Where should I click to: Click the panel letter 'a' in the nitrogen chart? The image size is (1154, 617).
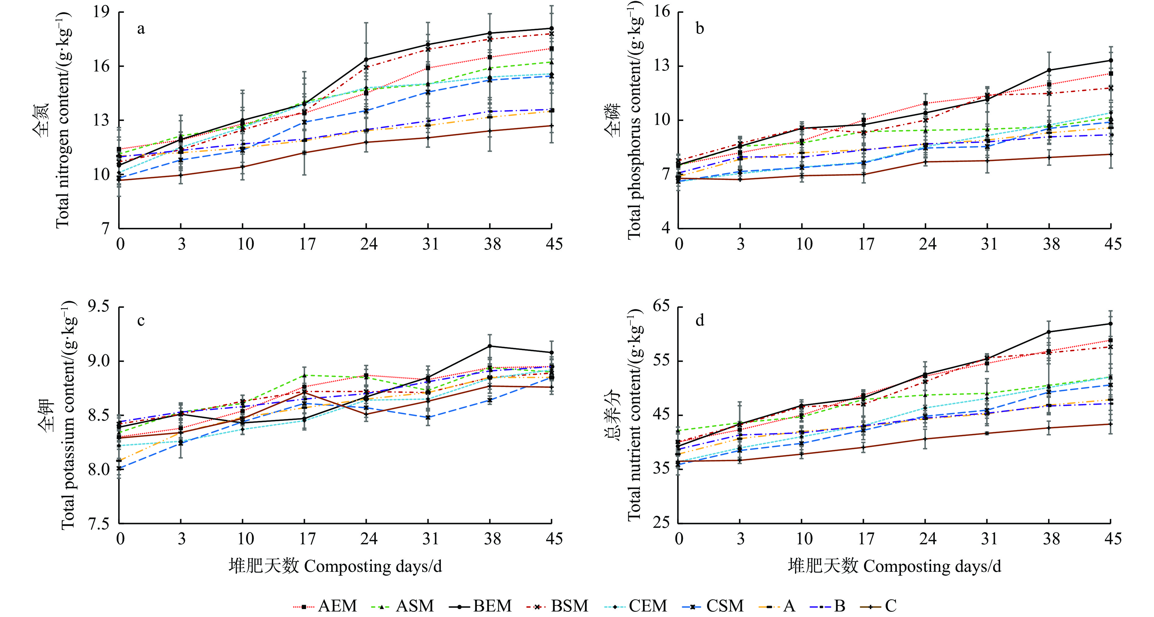141,29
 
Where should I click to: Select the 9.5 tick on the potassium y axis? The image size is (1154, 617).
99,307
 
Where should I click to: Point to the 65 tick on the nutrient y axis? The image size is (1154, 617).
661,306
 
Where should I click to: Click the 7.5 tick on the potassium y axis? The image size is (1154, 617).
99,523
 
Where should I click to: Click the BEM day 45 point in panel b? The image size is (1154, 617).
1111,60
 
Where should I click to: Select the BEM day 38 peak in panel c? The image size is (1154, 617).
490,346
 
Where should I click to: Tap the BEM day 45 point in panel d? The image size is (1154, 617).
1111,323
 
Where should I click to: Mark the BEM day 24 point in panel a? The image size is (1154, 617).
366,60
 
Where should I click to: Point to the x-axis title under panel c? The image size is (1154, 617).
335,566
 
